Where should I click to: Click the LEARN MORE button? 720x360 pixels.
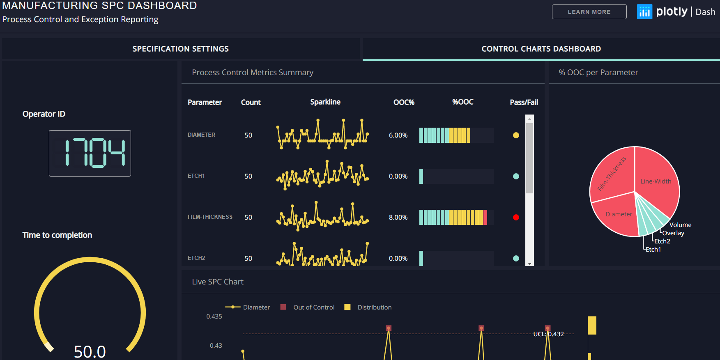point(589,12)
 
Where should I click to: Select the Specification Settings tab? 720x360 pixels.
point(180,49)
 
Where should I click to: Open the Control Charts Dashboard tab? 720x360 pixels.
point(541,49)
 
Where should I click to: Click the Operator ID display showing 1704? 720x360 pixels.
point(90,153)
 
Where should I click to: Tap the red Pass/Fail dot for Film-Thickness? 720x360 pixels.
point(516,217)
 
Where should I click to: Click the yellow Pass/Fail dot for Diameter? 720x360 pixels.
point(516,135)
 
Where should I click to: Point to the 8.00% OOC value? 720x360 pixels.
point(398,217)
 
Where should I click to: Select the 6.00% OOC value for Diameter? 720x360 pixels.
point(398,135)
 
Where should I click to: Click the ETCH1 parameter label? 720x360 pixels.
point(196,176)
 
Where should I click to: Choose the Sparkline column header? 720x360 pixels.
point(325,102)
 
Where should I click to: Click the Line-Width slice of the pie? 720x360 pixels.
point(656,181)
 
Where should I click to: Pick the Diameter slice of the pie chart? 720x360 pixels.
point(619,214)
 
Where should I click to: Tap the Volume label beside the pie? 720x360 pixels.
point(680,225)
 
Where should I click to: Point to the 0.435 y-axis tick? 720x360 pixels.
point(214,316)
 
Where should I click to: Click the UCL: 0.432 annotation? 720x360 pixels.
point(548,334)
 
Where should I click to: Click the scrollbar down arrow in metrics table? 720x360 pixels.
point(529,263)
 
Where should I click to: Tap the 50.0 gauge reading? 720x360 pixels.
point(90,351)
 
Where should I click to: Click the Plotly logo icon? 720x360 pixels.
point(644,12)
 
